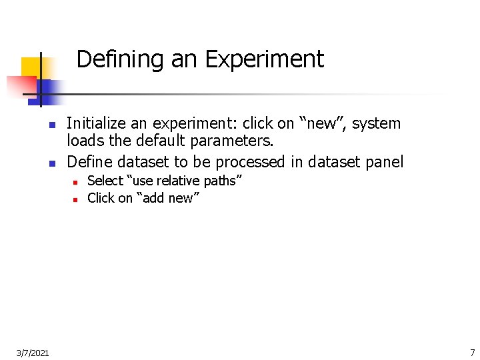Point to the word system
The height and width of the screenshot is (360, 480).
click(377, 124)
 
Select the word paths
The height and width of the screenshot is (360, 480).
click(219, 181)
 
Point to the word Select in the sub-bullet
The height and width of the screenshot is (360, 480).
click(105, 181)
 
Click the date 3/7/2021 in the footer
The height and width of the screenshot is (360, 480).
click(33, 351)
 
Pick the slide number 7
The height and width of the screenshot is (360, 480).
click(472, 351)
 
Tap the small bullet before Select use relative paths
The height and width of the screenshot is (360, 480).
click(76, 181)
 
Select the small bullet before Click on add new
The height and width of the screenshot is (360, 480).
click(76, 199)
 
